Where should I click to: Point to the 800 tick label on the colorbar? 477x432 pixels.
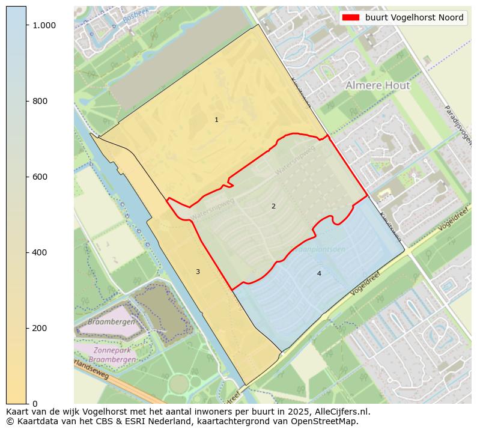(x=39, y=101)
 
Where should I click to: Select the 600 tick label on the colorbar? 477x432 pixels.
(x=39, y=177)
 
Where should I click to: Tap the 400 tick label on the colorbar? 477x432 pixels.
(x=39, y=252)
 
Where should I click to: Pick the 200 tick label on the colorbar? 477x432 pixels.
(x=39, y=328)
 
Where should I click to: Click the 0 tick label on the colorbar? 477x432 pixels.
(x=34, y=403)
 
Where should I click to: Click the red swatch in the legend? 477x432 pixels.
(x=351, y=18)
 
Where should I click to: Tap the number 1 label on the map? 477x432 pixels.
(x=216, y=120)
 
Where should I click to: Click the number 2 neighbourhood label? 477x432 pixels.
(x=273, y=206)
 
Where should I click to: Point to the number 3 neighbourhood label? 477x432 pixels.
(x=198, y=272)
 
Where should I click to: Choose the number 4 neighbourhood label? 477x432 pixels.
(x=319, y=274)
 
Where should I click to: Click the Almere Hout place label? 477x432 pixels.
(x=377, y=86)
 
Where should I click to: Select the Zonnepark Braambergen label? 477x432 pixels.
(x=108, y=354)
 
